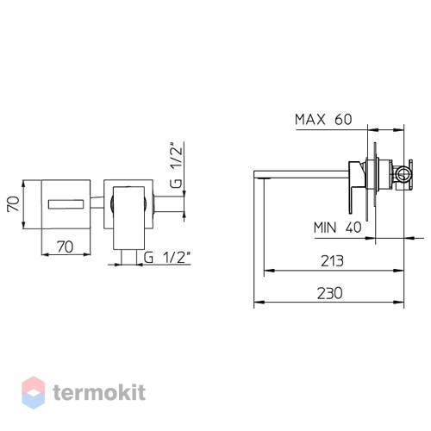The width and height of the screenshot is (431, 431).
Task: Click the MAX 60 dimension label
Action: coord(323,119)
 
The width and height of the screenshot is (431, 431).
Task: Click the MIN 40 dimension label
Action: coord(337,228)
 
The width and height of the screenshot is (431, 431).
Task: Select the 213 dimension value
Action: coord(332,261)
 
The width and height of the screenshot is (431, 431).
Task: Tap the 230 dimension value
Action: coord(330,293)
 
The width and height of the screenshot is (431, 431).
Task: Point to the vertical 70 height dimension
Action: coord(14,204)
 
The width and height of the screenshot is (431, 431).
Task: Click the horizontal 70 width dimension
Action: coord(66,247)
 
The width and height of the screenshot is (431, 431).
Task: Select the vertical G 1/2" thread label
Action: coord(176,166)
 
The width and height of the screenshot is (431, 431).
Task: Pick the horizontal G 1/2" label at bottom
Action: coord(167,258)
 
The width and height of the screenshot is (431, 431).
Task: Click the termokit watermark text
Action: coord(99,392)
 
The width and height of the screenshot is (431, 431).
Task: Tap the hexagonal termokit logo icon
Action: coord(34,392)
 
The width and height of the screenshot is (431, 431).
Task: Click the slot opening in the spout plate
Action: coord(66,204)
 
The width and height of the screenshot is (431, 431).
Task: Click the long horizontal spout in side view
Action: coord(302,174)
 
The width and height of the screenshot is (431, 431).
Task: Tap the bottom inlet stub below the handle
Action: coord(128,257)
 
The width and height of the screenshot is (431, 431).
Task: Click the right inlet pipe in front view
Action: coord(169,204)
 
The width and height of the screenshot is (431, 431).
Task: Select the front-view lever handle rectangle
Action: coord(128,218)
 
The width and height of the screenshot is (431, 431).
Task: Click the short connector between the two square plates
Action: coord(97,203)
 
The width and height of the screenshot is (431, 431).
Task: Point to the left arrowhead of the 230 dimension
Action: coord(259,302)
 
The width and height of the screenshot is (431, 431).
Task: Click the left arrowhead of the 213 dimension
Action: coord(269,271)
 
